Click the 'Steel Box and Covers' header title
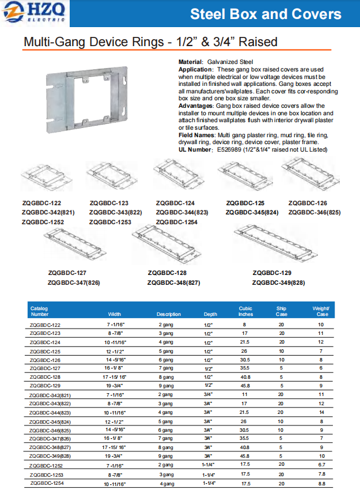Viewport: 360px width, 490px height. click(266, 14)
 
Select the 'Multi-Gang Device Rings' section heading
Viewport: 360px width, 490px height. click(150, 42)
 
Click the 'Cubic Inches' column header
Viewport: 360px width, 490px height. click(245, 311)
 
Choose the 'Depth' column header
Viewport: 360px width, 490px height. click(210, 314)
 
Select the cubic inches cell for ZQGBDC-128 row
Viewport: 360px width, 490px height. click(245, 376)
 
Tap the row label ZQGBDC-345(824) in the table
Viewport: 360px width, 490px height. click(52, 422)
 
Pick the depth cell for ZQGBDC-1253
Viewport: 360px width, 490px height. click(208, 473)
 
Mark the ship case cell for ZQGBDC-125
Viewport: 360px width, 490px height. click(281, 351)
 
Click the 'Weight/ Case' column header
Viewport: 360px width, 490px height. click(320, 311)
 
